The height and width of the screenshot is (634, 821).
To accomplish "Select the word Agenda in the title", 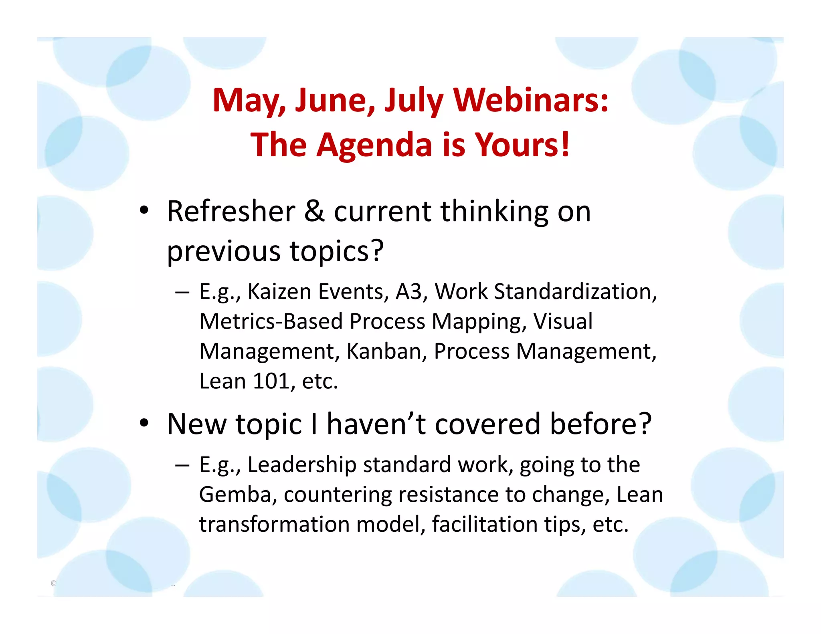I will (374, 145).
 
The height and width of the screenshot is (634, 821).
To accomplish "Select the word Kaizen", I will (279, 291).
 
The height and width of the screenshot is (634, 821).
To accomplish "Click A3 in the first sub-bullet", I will (408, 291).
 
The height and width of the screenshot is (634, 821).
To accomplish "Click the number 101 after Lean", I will (271, 381).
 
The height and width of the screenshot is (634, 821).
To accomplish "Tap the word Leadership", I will (301, 465).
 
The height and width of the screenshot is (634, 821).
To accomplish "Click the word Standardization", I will (575, 291).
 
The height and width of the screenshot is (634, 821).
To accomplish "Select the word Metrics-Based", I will (271, 321).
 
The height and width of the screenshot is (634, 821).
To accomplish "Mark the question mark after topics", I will (377, 251).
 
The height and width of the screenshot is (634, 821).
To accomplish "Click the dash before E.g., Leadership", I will (182, 465).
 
